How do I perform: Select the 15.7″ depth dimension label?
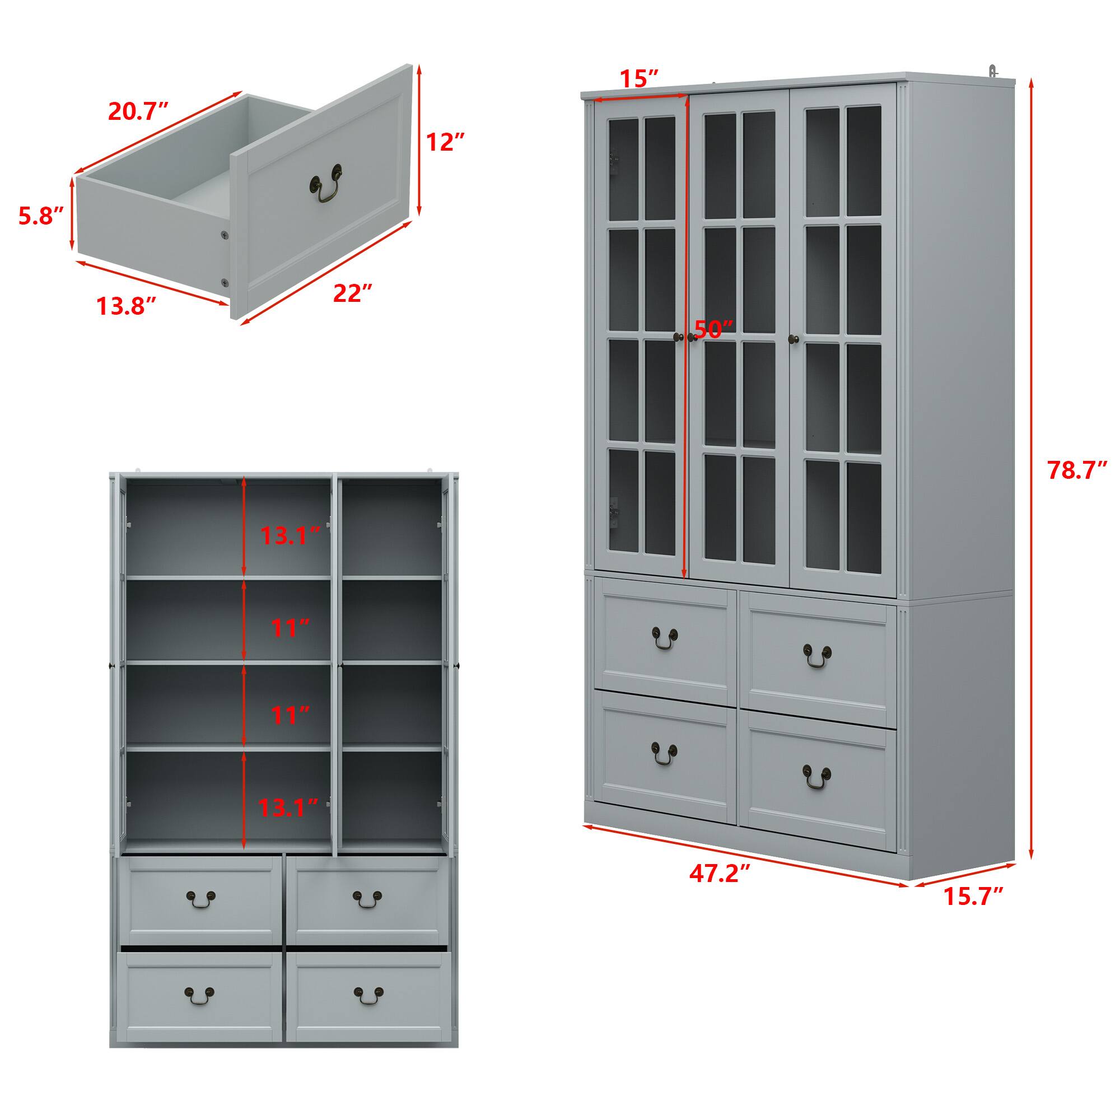coord(973,912)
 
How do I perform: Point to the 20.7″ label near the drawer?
coord(138,111)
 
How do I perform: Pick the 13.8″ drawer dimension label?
coord(127,306)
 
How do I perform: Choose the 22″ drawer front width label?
coord(352,293)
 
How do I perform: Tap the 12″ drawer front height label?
coord(445,142)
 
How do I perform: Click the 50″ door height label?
coord(713,329)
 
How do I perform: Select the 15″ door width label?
coord(640,78)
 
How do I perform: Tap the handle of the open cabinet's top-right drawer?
coord(367,916)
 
